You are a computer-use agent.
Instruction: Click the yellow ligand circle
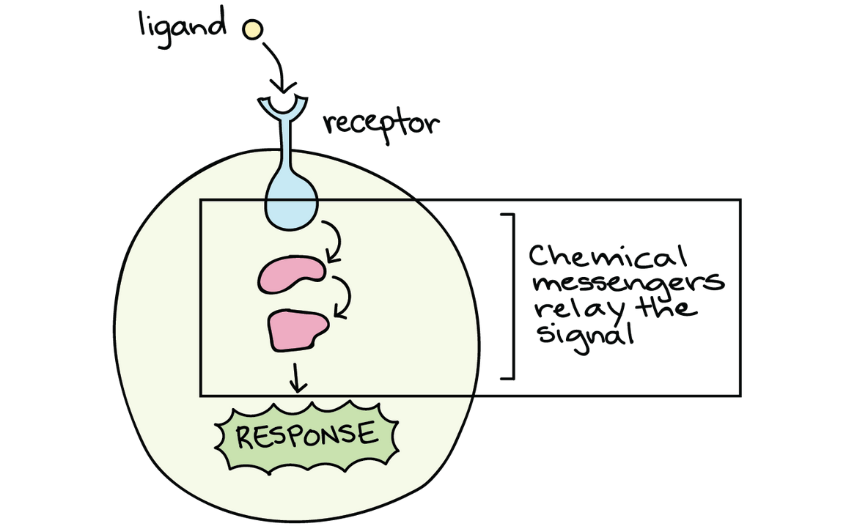(253, 29)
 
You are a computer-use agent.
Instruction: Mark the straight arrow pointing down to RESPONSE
(297, 377)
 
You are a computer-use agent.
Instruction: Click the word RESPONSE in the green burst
(306, 435)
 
